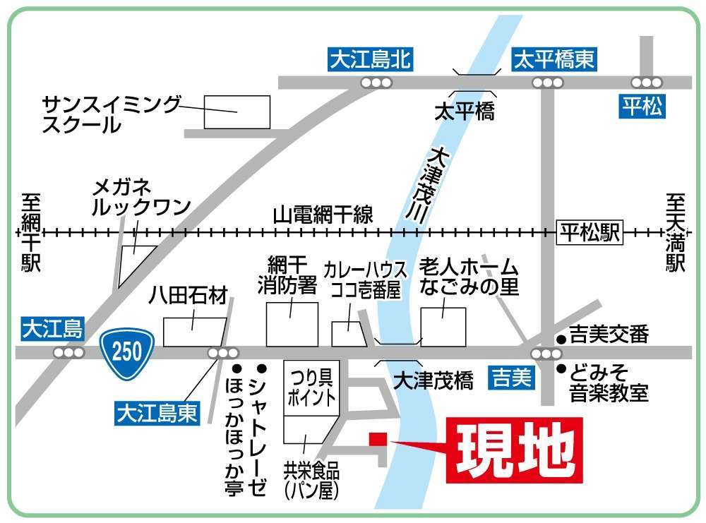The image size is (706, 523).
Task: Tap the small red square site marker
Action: (x=378, y=439)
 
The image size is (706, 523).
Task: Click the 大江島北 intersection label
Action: (x=370, y=60)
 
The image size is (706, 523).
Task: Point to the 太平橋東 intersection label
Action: (x=554, y=60)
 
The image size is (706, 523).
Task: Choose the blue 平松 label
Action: (x=642, y=107)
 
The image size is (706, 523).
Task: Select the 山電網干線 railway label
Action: (x=323, y=215)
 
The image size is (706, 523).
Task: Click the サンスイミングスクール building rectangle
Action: (x=237, y=112)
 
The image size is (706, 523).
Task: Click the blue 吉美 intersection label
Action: (x=510, y=380)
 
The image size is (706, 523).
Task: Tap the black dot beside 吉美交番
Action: (x=561, y=339)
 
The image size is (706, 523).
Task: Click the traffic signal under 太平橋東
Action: (x=547, y=83)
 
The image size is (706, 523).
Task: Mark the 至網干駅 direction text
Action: (x=31, y=233)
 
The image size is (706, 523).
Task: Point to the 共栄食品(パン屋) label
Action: (x=311, y=480)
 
